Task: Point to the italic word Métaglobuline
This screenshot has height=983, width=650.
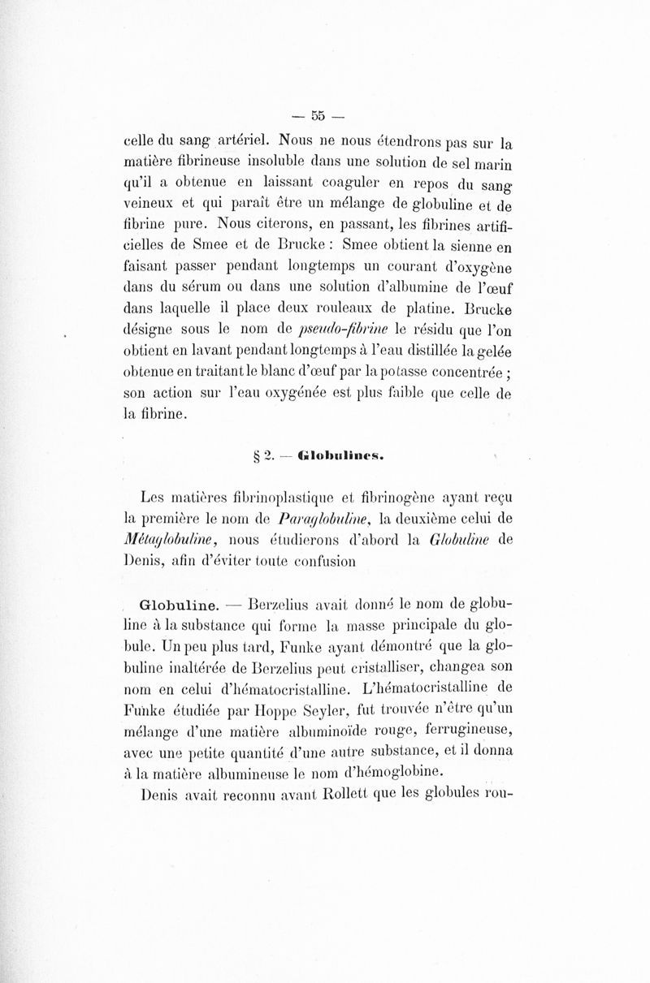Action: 162,539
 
